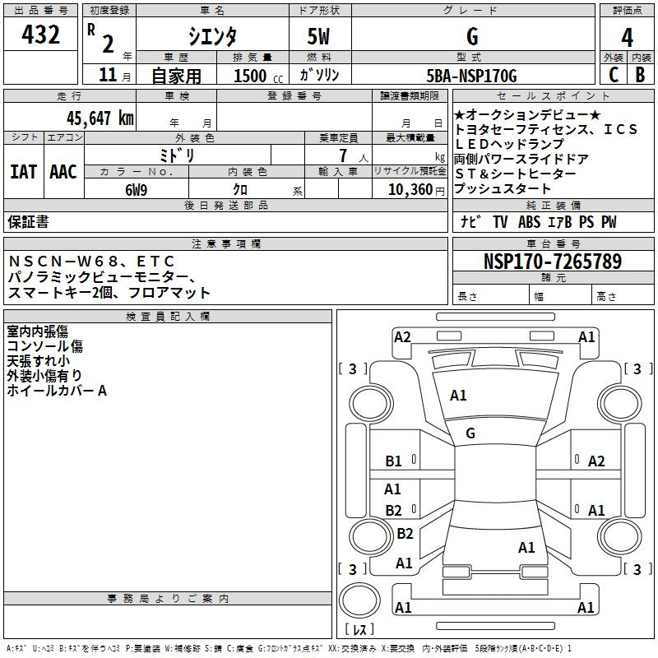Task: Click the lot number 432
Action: [x=40, y=34]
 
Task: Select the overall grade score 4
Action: [x=627, y=37]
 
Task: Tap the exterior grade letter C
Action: [x=614, y=75]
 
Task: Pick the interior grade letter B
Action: [x=641, y=75]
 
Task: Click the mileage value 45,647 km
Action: [x=100, y=118]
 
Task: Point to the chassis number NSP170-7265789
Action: [x=553, y=261]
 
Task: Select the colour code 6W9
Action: [x=137, y=190]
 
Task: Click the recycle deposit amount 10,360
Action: [x=410, y=189]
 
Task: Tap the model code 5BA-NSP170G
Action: [x=471, y=76]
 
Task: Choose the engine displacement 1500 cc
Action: [x=258, y=76]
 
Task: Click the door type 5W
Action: [x=318, y=36]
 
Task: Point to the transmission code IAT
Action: [x=24, y=172]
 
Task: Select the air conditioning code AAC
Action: [x=63, y=172]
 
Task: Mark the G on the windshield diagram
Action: [x=470, y=433]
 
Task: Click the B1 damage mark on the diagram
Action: [x=393, y=461]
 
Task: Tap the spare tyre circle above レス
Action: [x=359, y=600]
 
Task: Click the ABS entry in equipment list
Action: [x=529, y=221]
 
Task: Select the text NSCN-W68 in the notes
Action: [x=63, y=262]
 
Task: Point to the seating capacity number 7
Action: [x=343, y=155]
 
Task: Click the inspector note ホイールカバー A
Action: [x=57, y=391]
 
